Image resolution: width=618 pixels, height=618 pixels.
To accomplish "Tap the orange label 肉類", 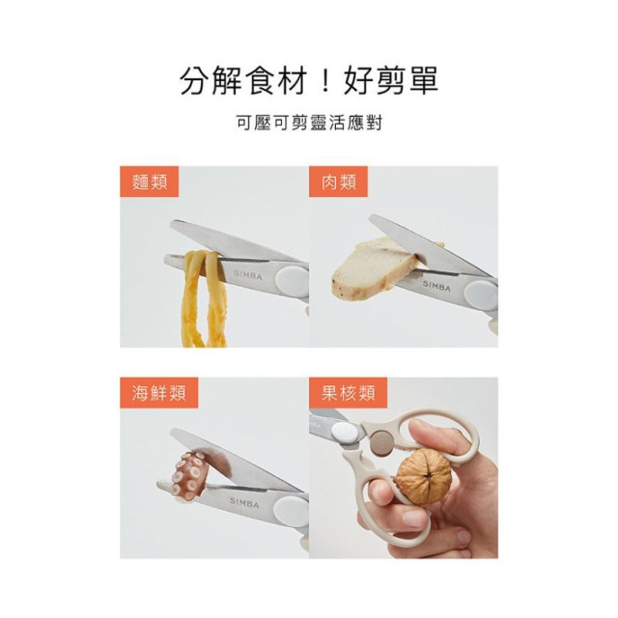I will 338,182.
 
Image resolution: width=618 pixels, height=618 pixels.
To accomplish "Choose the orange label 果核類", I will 348,393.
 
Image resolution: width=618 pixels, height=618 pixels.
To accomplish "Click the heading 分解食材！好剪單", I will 309,81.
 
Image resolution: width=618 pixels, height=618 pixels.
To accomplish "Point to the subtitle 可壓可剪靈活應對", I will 309,124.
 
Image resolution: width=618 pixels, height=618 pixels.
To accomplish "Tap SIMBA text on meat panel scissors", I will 436,286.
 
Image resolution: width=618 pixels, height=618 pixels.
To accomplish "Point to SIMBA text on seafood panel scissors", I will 244,502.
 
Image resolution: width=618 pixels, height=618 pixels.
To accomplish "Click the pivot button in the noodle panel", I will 291,281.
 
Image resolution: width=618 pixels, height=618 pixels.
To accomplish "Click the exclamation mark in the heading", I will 325,81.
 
